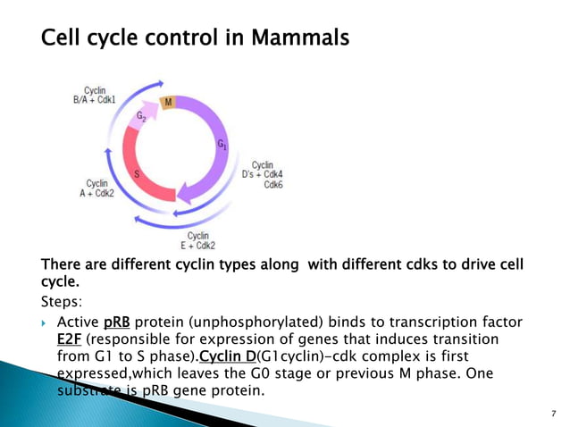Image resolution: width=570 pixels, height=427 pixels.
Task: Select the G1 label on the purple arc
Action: (x=222, y=144)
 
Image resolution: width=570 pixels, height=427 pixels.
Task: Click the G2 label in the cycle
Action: (x=141, y=118)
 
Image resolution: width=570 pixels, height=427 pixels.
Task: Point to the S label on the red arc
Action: (x=136, y=174)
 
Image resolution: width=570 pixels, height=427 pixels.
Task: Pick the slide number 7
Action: (x=554, y=414)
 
